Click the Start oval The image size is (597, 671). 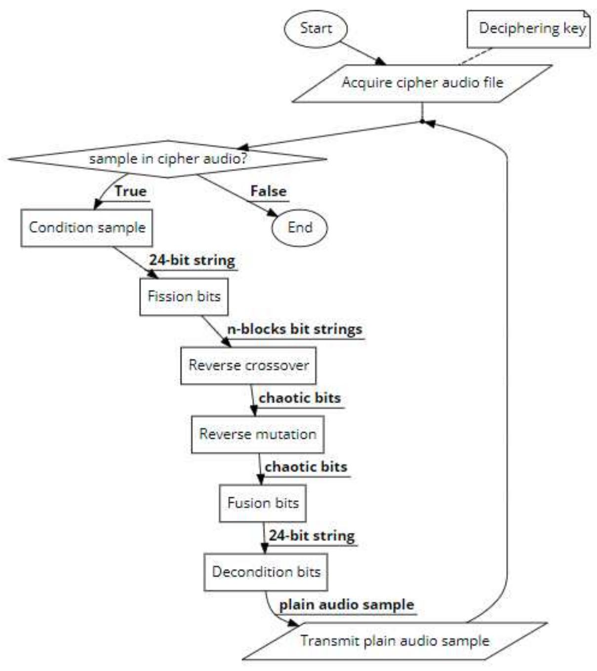pyautogui.click(x=315, y=28)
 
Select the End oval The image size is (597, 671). pyautogui.click(x=299, y=227)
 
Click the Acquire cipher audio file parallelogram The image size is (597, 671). pyautogui.click(x=422, y=83)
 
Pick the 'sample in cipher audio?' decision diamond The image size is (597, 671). pyautogui.click(x=167, y=159)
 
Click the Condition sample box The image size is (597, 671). pyautogui.click(x=87, y=227)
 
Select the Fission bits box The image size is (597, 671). pyautogui.click(x=184, y=297)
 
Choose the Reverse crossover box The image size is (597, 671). pyautogui.click(x=248, y=366)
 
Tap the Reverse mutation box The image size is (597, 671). pyautogui.click(x=257, y=434)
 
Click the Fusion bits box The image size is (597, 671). pyautogui.click(x=263, y=503)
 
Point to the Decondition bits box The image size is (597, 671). pyautogui.click(x=266, y=572)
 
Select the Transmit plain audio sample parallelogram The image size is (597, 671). pyautogui.click(x=395, y=641)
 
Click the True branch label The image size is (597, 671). pyautogui.click(x=130, y=191)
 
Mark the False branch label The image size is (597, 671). pyautogui.click(x=268, y=191)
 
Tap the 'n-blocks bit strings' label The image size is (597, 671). pyautogui.click(x=294, y=329)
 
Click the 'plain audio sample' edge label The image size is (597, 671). pyautogui.click(x=347, y=605)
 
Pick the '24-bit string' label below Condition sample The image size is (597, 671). pyautogui.click(x=192, y=261)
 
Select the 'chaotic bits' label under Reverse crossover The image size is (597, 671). pyautogui.click(x=300, y=398)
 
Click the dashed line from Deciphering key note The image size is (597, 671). pyautogui.click(x=476, y=56)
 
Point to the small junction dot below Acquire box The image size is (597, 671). pyautogui.click(x=422, y=121)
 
